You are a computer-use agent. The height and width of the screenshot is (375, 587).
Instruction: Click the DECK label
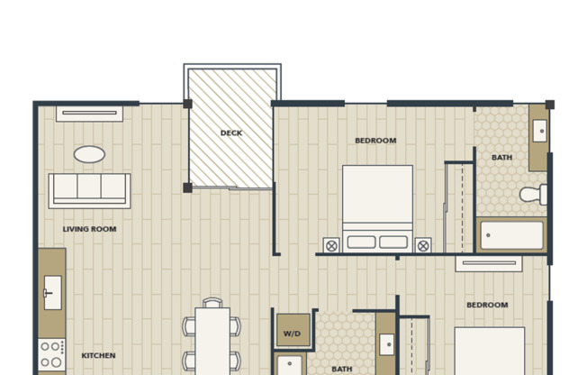(x=231, y=133)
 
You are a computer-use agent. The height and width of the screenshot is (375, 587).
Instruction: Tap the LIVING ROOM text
(x=89, y=229)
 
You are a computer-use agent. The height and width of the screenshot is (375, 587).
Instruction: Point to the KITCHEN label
(x=98, y=355)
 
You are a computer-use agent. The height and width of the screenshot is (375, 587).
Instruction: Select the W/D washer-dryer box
(x=293, y=330)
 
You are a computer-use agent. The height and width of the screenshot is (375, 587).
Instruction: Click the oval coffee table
(x=89, y=154)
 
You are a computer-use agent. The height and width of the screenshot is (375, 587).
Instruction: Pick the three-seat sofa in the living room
(x=89, y=191)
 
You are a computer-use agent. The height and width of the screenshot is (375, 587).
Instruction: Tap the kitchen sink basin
(x=53, y=292)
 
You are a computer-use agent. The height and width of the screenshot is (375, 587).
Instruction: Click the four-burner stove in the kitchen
(x=51, y=355)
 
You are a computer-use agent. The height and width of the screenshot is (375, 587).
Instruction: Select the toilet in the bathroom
(x=533, y=194)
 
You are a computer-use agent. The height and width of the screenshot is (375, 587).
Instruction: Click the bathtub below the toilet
(x=511, y=235)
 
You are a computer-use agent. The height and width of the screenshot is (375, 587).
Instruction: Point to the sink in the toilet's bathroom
(x=539, y=131)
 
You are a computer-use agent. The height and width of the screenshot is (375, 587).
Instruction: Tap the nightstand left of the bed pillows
(x=331, y=245)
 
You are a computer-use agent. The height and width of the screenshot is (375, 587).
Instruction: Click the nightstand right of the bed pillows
(x=423, y=245)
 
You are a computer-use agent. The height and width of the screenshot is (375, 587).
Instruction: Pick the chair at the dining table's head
(x=212, y=303)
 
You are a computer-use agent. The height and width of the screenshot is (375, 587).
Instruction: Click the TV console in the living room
(x=89, y=114)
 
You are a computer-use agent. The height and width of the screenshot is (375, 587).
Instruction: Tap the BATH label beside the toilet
(x=501, y=158)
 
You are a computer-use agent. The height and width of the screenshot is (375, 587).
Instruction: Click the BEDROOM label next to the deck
(x=375, y=141)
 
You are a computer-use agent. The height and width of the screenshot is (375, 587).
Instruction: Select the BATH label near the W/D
(x=342, y=370)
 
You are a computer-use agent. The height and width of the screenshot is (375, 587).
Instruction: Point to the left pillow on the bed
(x=361, y=242)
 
